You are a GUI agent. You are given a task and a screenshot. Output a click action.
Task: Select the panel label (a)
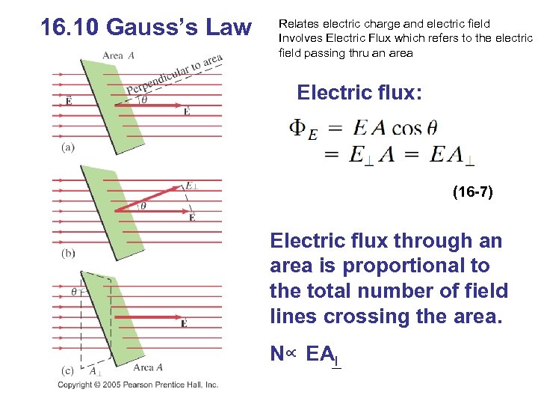(x=68, y=147)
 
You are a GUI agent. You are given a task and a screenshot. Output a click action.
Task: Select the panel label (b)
(x=68, y=253)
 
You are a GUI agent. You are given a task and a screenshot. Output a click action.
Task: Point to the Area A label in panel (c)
(x=148, y=367)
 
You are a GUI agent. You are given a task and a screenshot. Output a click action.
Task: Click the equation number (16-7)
(x=472, y=193)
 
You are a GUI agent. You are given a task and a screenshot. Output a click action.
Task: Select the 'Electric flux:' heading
(x=359, y=93)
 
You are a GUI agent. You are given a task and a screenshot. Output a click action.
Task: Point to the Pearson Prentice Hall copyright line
(x=138, y=385)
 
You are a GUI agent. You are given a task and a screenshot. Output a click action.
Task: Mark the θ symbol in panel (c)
(x=74, y=291)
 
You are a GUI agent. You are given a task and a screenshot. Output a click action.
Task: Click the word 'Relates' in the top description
(x=297, y=23)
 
